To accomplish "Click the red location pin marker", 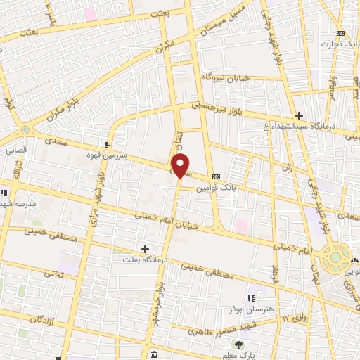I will point(181,166).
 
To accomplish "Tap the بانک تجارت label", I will point(340,44).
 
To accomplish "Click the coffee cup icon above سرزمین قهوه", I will point(107,144).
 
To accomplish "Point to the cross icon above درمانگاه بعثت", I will point(145,249).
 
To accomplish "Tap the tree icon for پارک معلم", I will point(239,344).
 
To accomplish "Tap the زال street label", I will point(307,168).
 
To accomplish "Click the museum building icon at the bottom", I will point(154,353).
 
